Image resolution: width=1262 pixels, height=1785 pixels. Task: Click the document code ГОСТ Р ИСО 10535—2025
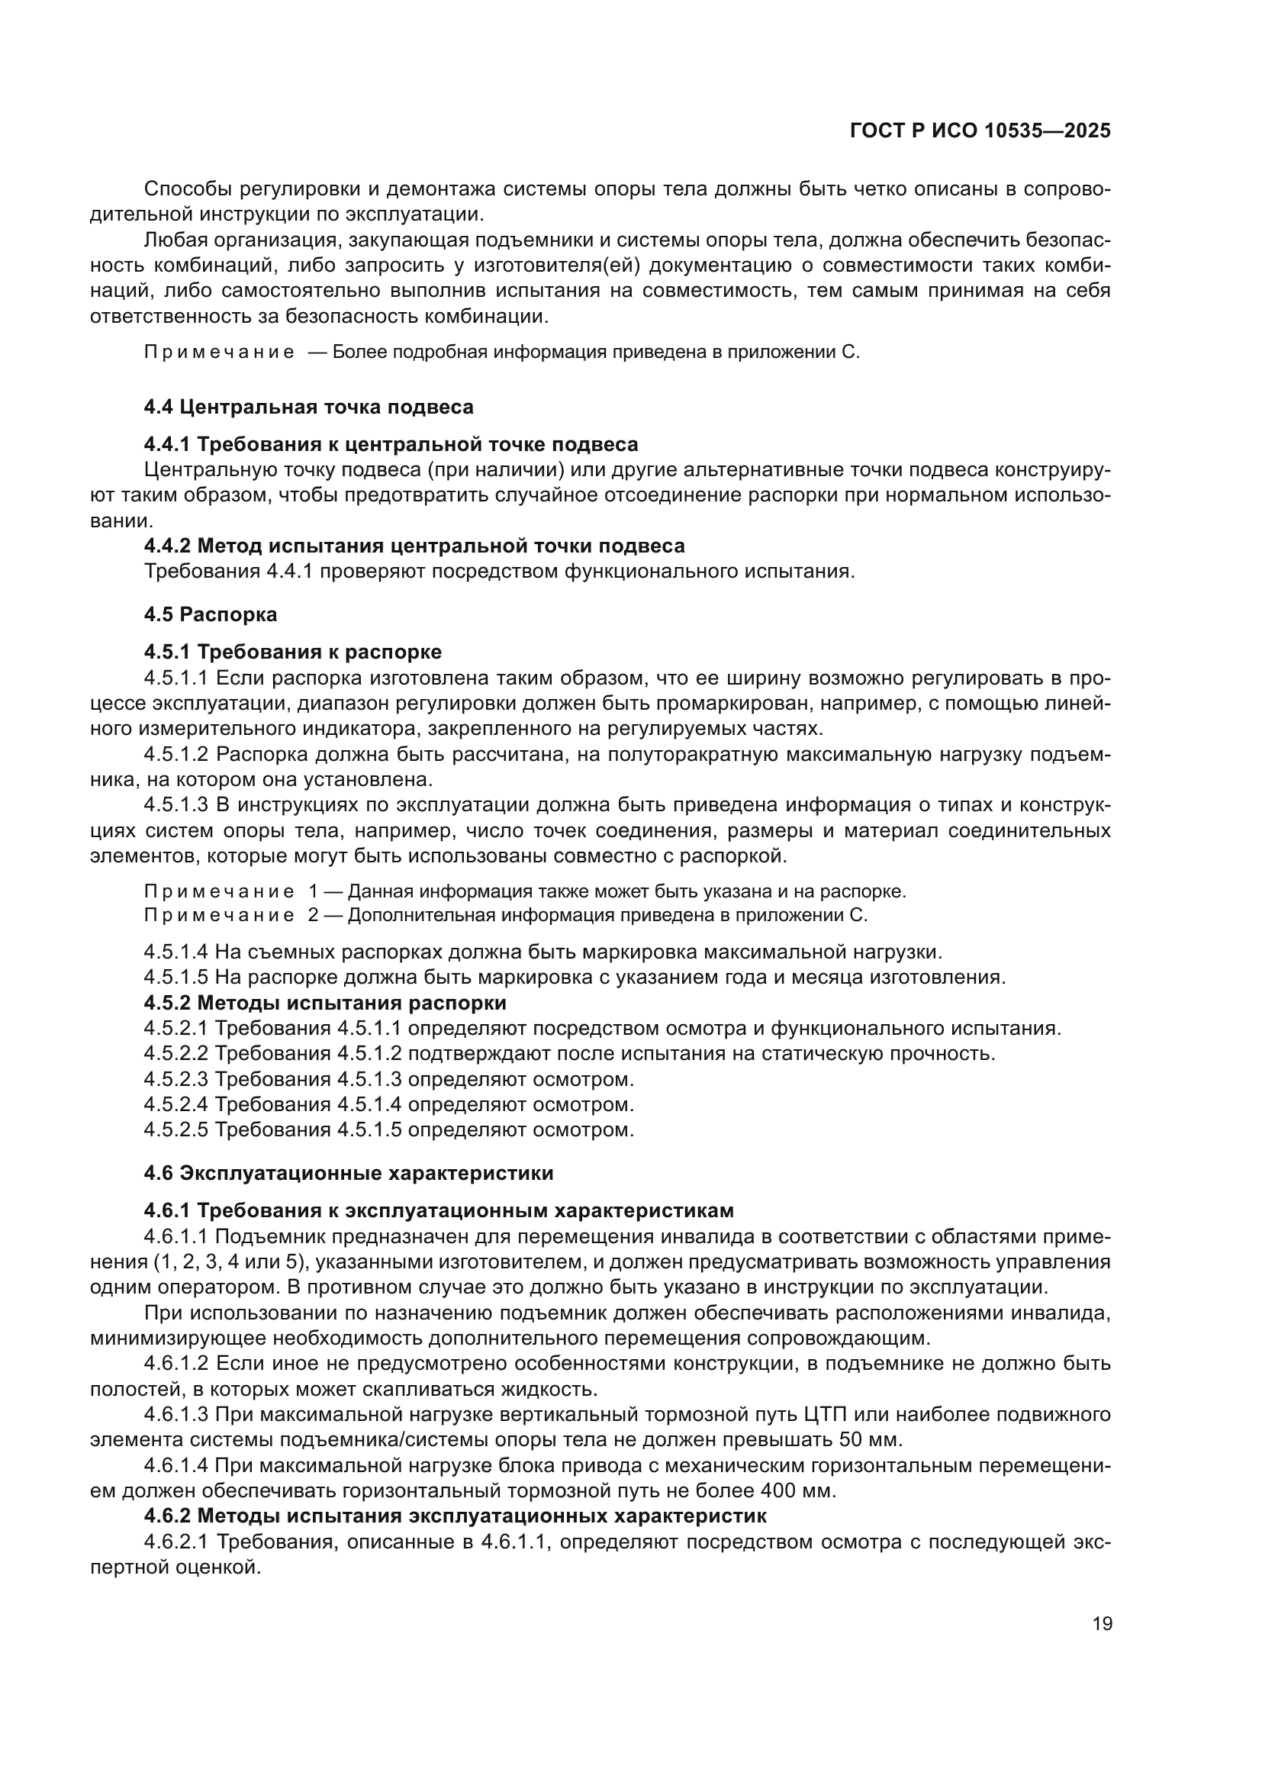980,131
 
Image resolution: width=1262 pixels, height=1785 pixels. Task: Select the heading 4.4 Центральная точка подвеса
308,407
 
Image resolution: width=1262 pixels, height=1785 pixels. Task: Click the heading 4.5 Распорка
210,614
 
